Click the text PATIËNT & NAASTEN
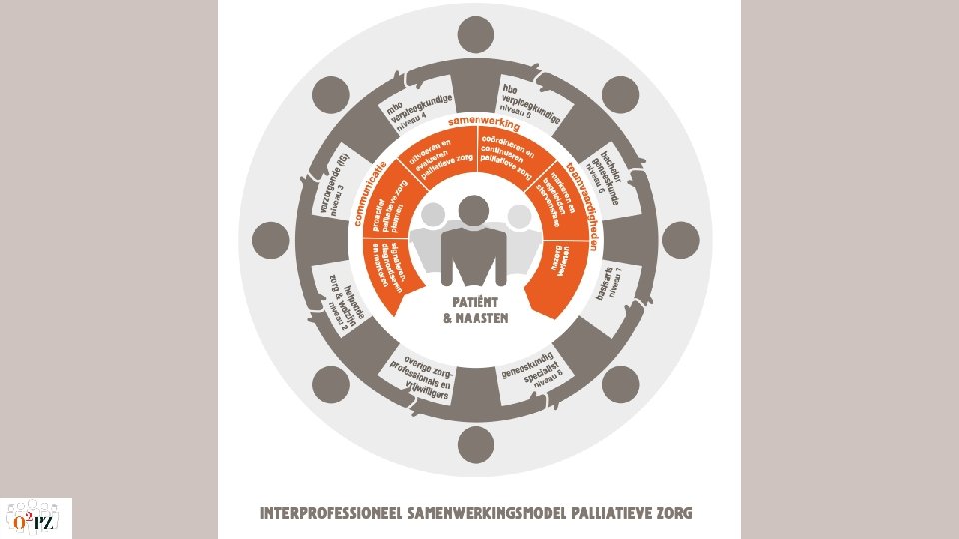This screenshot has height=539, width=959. pos(476,310)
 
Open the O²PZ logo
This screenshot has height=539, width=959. pos(37,518)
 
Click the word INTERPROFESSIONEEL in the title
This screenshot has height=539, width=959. pos(330,515)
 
